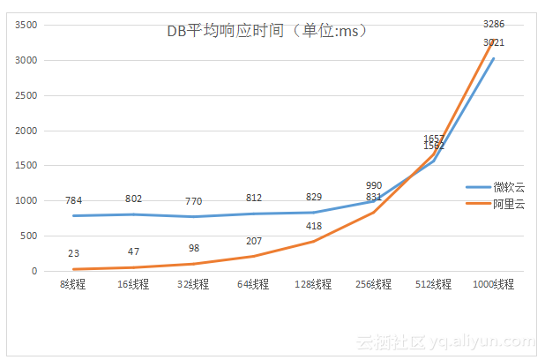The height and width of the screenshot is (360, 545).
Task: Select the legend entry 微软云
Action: click(504, 187)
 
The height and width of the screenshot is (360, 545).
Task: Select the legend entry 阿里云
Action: click(504, 204)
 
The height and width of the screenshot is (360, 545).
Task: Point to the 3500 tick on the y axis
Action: click(26, 25)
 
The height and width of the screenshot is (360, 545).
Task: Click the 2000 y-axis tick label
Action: click(26, 131)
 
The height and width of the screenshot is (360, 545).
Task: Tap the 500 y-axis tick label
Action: click(29, 236)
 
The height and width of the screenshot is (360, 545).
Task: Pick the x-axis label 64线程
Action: click(253, 284)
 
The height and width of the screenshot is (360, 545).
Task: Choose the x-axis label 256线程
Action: click(374, 284)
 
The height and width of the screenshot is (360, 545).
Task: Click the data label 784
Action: click(73, 199)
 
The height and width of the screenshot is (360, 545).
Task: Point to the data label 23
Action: click(73, 254)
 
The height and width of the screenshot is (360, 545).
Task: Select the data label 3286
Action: click(494, 24)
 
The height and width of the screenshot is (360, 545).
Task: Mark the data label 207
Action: click(254, 241)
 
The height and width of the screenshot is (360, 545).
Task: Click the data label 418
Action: click(314, 227)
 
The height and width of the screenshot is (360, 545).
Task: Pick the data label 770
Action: click(194, 201)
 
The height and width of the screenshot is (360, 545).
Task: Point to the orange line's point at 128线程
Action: click(314, 242)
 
